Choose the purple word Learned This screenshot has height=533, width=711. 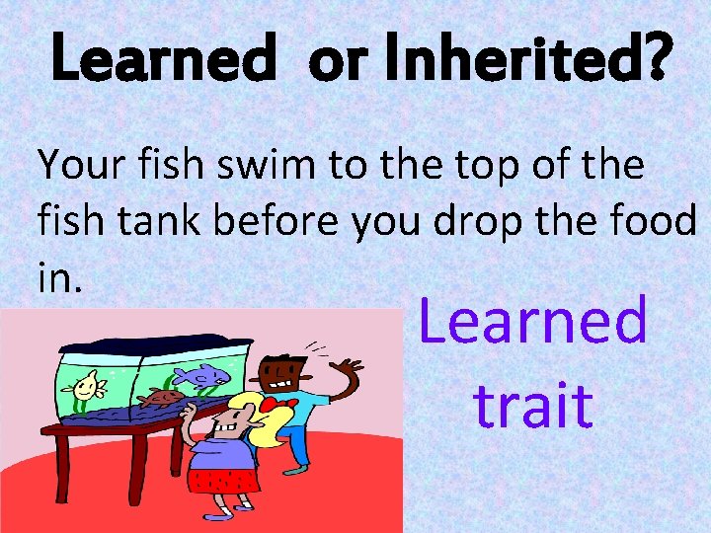tap(533, 322)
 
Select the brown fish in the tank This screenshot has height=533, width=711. tap(160, 399)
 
